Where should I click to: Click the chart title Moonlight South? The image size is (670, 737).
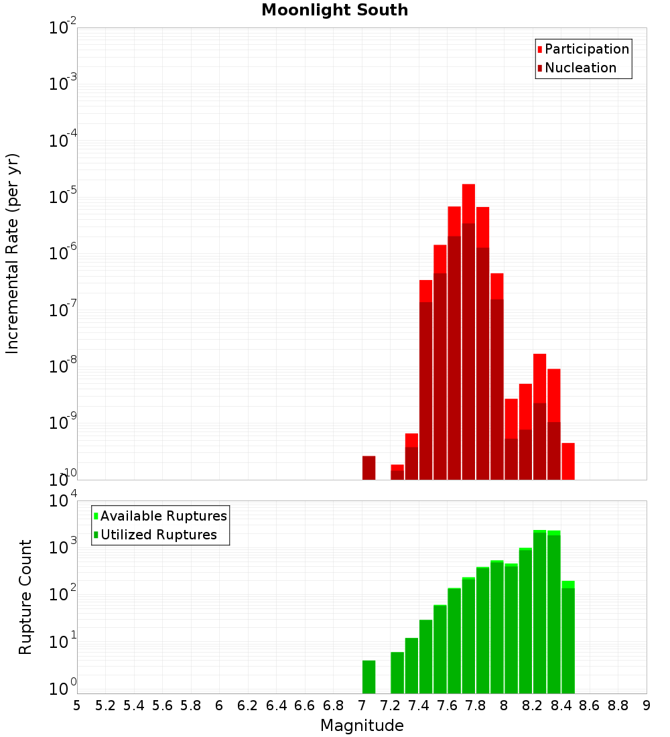coord(334,10)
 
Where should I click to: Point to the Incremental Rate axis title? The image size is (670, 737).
coord(13,253)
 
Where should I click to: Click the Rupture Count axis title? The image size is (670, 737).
coord(25,597)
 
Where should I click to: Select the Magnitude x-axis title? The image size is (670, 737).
coord(362,725)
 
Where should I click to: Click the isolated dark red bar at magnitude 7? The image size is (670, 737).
coord(368,468)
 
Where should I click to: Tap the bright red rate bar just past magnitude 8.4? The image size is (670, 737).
coord(568,461)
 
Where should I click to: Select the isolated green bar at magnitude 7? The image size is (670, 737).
coord(368,677)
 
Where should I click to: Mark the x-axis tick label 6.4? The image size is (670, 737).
coord(276,706)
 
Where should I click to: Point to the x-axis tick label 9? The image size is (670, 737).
coord(647,706)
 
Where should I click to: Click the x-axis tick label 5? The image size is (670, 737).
coord(77,706)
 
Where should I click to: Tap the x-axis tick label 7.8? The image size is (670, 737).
coord(476,706)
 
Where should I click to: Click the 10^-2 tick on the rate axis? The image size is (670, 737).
coord(62,28)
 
